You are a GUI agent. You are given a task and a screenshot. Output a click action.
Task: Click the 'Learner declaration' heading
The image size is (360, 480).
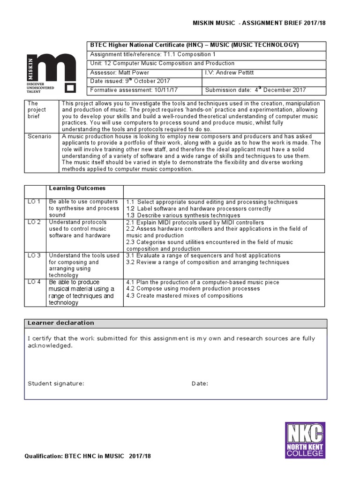61,323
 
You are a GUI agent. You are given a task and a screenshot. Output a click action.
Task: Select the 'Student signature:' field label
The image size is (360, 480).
56,383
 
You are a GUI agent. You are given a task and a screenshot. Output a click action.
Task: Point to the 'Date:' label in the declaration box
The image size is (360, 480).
200,383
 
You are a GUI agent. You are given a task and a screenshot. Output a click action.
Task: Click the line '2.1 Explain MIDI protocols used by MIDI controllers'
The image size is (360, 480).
195,222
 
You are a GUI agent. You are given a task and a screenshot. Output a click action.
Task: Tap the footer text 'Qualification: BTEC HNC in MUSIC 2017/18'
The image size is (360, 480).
88,456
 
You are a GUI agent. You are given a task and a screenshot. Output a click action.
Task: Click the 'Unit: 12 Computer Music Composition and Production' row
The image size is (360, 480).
162,63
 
